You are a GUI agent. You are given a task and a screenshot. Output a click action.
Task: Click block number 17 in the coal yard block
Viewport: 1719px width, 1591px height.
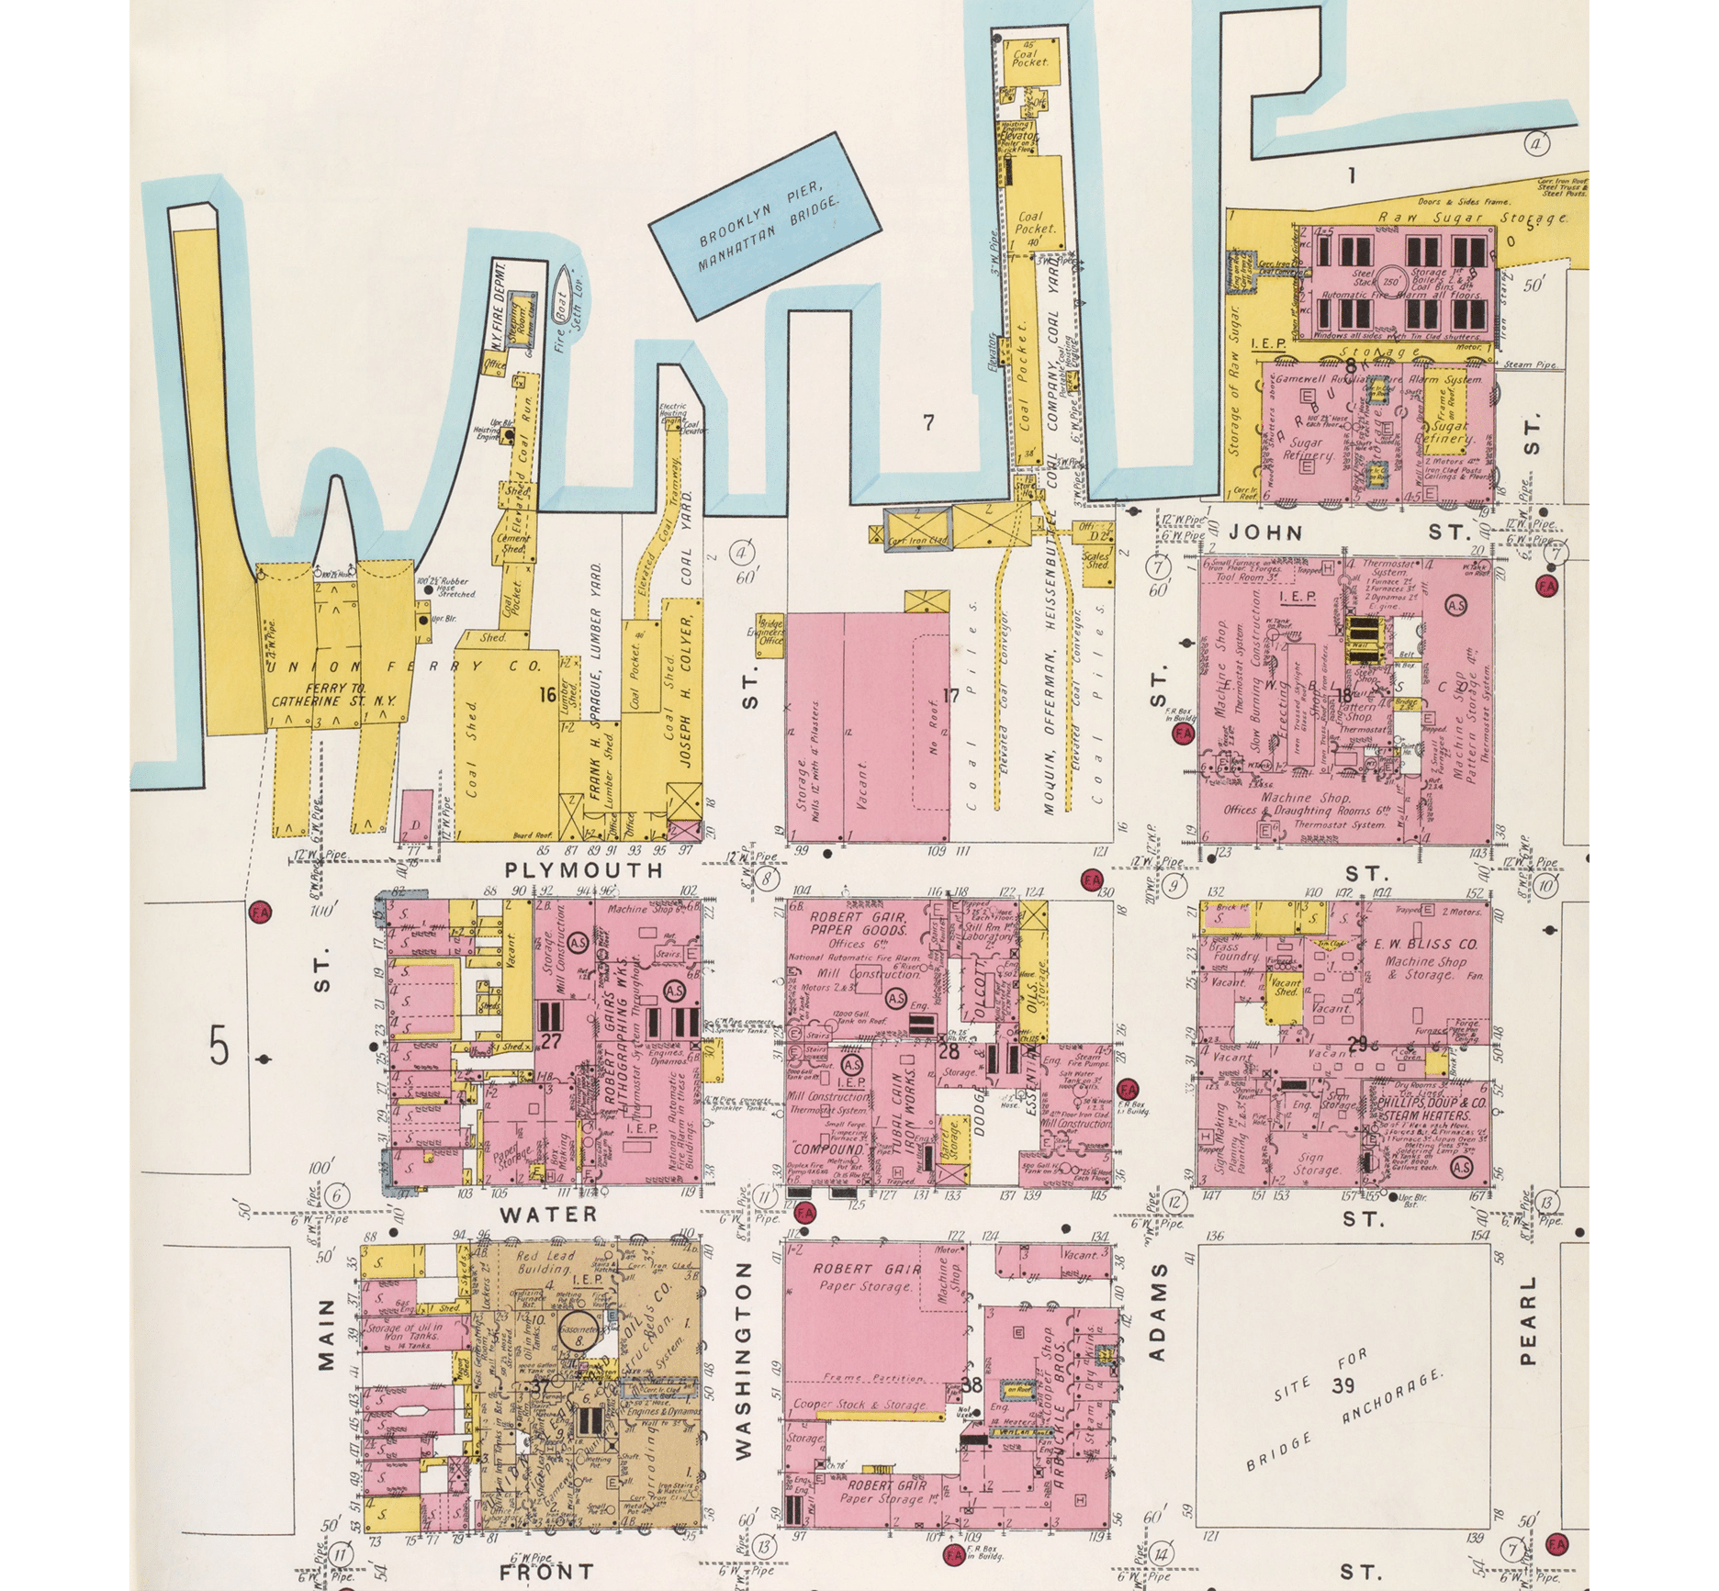pos(950,695)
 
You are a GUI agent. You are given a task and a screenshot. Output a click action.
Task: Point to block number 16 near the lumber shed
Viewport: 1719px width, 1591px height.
pos(550,695)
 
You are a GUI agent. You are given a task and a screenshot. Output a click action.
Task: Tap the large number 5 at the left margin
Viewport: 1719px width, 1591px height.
pos(219,1047)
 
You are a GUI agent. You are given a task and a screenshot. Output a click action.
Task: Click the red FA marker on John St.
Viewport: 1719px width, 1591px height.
pos(1546,584)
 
